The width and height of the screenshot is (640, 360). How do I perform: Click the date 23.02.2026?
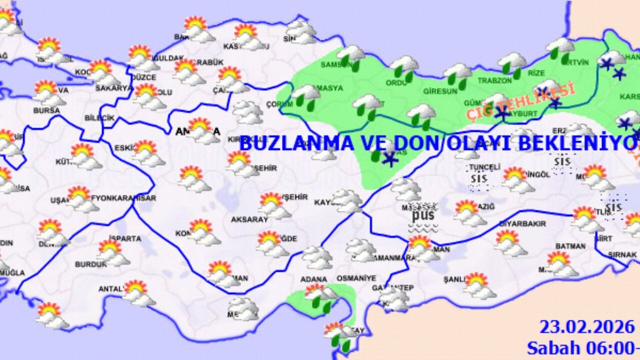pos(586,327)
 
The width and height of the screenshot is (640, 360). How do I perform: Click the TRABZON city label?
pos(495,80)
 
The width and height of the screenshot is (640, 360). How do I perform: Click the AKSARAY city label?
pos(249,219)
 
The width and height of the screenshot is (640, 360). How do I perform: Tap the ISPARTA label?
pos(125,238)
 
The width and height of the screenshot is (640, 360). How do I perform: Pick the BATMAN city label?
pos(570,246)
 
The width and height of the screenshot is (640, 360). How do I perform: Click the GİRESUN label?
pos(440,91)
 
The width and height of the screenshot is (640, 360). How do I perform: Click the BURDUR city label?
pos(90,264)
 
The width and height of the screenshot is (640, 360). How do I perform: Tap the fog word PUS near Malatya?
pos(423,216)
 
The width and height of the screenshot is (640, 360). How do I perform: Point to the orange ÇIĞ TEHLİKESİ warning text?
pos(520,102)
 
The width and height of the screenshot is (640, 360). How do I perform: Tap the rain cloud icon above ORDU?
pos(404,68)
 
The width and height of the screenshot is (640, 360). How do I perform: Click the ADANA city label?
pos(314,279)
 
